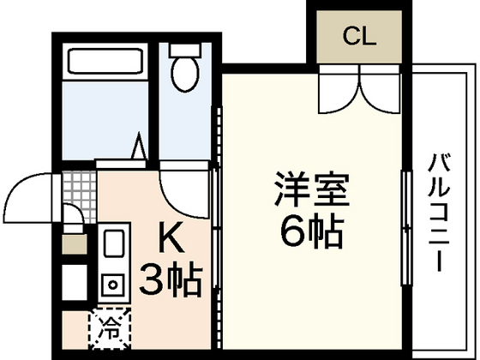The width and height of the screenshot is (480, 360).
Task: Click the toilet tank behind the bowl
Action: point(183,47)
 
